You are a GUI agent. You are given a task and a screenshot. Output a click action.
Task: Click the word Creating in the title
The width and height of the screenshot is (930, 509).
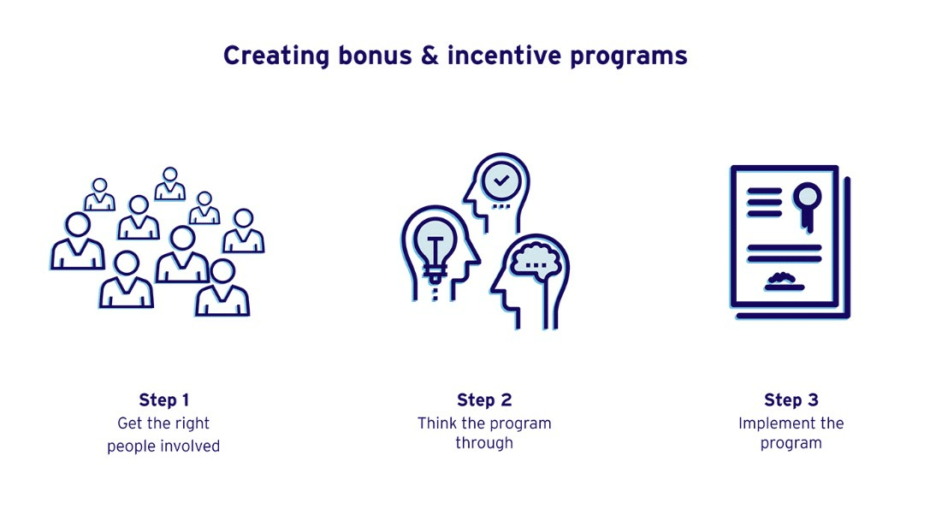coord(275,56)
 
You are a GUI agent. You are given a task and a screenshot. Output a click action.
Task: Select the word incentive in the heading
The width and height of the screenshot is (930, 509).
coord(504,55)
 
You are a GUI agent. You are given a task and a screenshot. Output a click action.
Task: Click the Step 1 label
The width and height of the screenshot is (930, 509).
coord(164,400)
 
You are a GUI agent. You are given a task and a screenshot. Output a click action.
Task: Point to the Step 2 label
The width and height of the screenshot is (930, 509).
coord(484,400)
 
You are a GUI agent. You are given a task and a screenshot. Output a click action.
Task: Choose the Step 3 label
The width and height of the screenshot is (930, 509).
coord(791,400)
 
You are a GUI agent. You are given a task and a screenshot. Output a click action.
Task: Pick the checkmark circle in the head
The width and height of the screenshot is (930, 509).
coord(501,181)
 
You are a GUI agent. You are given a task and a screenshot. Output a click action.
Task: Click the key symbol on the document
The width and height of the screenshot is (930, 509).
coord(807,205)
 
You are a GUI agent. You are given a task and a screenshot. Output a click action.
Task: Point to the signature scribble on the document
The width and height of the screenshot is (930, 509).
coord(784,281)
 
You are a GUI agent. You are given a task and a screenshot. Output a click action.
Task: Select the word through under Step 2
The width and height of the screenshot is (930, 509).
coord(484,443)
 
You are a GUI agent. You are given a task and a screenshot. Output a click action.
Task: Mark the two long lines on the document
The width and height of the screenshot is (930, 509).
coord(784,252)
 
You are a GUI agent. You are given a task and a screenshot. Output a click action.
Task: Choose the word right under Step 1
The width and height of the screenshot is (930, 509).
coord(193,423)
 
